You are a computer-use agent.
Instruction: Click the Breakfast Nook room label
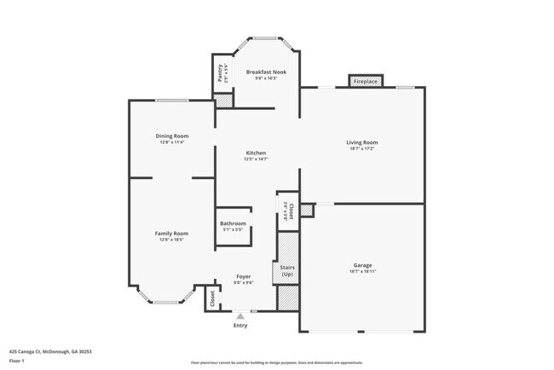tap(266, 72)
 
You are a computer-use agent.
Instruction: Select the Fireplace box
tap(365, 81)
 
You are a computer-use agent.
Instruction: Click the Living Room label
tap(361, 142)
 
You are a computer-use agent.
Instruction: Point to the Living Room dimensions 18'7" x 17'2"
tap(361, 149)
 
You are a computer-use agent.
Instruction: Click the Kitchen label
tap(256, 153)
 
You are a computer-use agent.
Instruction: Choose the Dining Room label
tap(171, 136)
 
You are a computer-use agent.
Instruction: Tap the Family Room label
tap(171, 233)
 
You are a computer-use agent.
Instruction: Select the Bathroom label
tap(233, 223)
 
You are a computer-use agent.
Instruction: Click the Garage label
tap(362, 265)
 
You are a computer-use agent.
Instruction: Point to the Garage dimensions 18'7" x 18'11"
tap(362, 272)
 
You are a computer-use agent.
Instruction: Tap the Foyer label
tap(243, 277)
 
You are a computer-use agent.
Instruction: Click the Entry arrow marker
tap(240, 316)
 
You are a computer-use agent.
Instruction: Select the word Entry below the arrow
tap(240, 325)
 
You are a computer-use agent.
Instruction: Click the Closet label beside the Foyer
tap(212, 298)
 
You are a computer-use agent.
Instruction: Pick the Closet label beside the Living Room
tap(291, 211)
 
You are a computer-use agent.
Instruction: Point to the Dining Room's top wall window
tap(171, 101)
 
